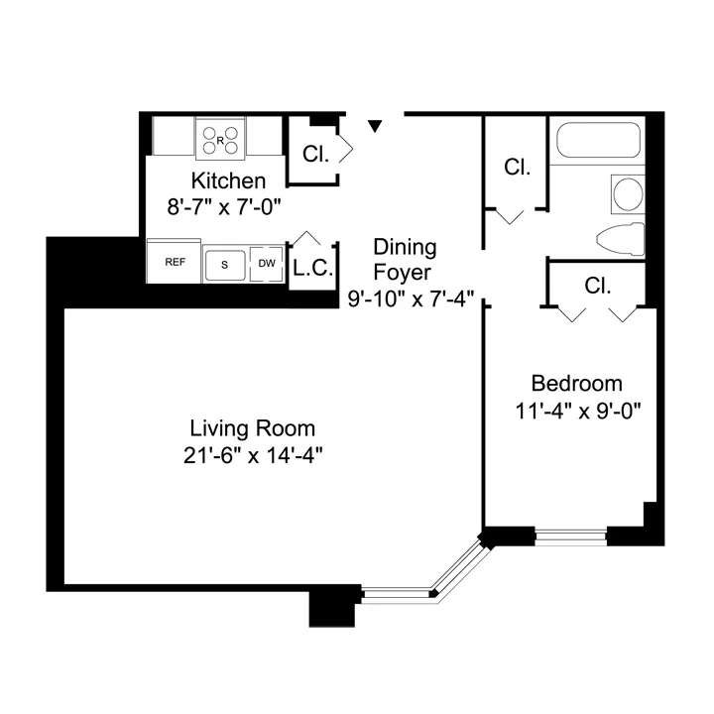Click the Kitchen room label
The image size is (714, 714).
(x=228, y=181)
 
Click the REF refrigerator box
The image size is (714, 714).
(x=175, y=263)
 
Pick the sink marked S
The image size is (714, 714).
(x=225, y=264)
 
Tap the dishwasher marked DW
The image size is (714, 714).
(x=266, y=264)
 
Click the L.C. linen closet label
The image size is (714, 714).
(x=312, y=269)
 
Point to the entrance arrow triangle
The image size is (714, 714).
(x=375, y=126)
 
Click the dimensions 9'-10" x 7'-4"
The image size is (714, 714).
(x=412, y=297)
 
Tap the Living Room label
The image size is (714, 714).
(x=253, y=428)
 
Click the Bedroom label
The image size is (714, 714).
(x=576, y=384)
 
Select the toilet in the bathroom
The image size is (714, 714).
(x=622, y=239)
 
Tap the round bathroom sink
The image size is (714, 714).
(x=627, y=192)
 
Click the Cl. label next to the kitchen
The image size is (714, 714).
(x=315, y=155)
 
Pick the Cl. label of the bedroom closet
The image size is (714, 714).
(x=598, y=287)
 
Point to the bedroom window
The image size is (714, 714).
(x=570, y=536)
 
